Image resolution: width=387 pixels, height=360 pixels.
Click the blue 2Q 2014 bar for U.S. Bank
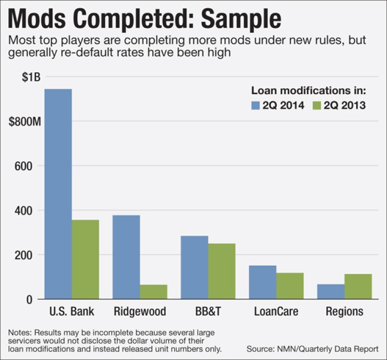point(58,194)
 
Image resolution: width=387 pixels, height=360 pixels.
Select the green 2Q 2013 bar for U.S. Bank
point(85,260)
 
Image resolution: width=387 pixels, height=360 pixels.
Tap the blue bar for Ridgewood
point(126,257)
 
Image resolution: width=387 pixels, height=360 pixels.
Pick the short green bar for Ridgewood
point(153,292)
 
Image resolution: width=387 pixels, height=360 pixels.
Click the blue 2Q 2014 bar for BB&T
point(194,267)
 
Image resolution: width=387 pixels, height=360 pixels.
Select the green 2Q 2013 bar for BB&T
point(221,271)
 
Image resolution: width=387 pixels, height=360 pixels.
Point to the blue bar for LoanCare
point(263,283)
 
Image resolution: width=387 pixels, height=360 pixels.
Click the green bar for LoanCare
point(290,286)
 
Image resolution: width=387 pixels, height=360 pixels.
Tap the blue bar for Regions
point(331,292)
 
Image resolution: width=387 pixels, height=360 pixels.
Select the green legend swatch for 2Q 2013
point(316,106)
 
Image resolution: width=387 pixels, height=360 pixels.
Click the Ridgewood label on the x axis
point(140,312)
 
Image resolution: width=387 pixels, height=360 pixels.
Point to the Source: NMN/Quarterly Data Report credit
point(312,348)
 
